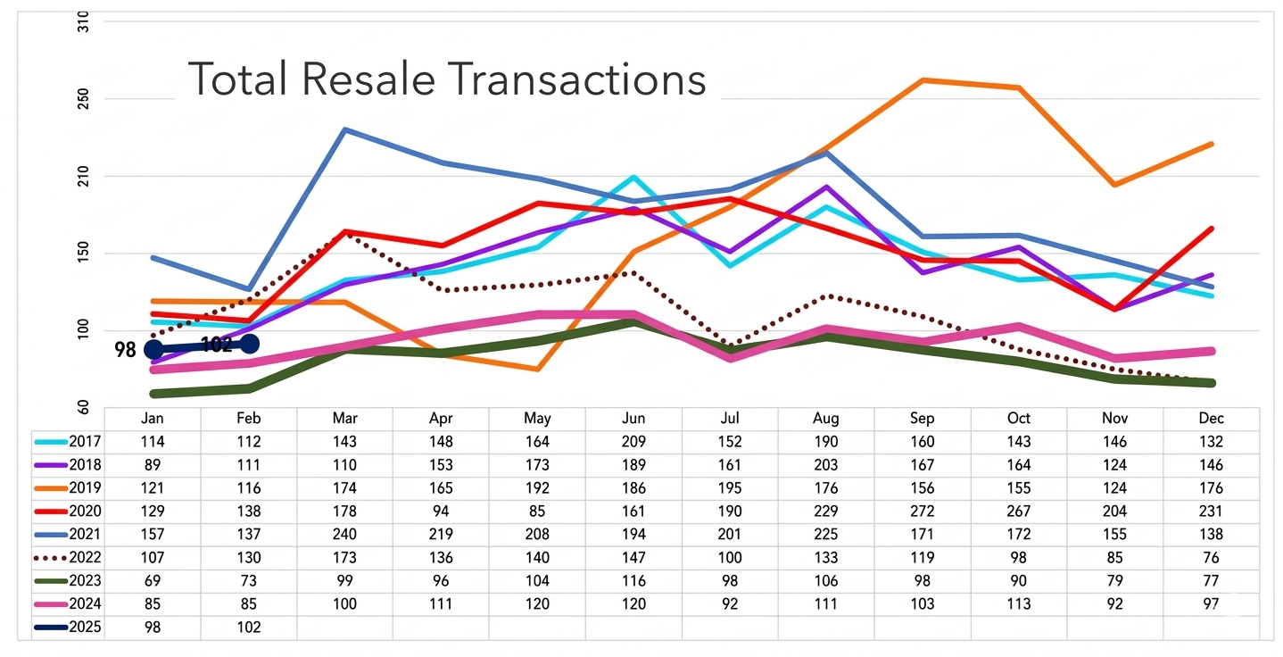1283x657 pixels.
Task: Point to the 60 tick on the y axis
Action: [x=84, y=408]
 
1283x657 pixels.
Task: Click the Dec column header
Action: [x=1211, y=419]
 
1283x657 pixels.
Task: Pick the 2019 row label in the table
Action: [x=85, y=488]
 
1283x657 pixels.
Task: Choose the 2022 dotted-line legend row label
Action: [x=85, y=558]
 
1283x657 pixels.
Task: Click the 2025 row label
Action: [x=85, y=628]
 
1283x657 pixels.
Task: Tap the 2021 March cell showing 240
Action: [x=344, y=535]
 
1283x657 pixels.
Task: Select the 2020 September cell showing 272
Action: [x=923, y=511]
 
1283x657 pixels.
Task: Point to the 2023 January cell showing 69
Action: [x=153, y=581]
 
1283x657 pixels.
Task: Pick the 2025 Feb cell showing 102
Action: [x=249, y=628]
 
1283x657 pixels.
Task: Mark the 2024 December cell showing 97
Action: [x=1211, y=604]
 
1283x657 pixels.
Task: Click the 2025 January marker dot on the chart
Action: [x=153, y=349]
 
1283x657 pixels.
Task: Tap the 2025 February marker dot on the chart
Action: [x=250, y=344]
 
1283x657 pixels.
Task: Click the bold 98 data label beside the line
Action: [x=126, y=350]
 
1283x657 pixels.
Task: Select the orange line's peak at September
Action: [x=923, y=80]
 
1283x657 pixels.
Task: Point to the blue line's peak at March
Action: [x=344, y=129]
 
